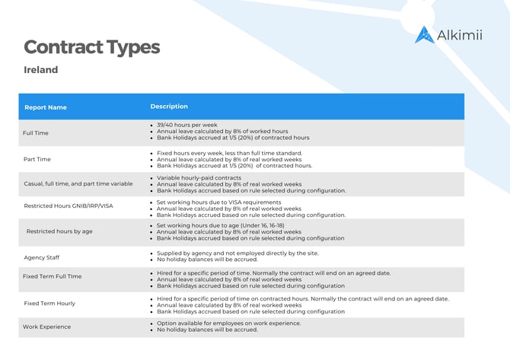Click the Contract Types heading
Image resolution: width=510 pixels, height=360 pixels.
pyautogui.click(x=91, y=47)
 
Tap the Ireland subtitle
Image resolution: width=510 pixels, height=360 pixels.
pyautogui.click(x=41, y=70)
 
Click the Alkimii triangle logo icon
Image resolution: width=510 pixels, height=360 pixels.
pyautogui.click(x=424, y=34)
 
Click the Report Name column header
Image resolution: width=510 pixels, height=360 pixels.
pyautogui.click(x=46, y=107)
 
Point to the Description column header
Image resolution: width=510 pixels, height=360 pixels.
pyautogui.click(x=169, y=107)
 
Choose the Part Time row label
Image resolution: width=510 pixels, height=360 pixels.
pyautogui.click(x=37, y=159)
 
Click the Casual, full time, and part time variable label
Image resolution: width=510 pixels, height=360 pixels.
pyautogui.click(x=78, y=184)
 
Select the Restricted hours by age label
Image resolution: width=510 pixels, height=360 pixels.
pyautogui.click(x=59, y=231)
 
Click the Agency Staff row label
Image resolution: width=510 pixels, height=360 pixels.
pyautogui.click(x=42, y=257)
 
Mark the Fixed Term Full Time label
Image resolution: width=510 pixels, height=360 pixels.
pyautogui.click(x=52, y=276)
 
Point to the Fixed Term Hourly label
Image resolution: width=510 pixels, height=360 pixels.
pyautogui.click(x=49, y=303)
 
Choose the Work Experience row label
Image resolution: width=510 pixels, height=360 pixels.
pyautogui.click(x=46, y=327)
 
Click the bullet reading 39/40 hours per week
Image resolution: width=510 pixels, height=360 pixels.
pyautogui.click(x=187, y=124)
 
